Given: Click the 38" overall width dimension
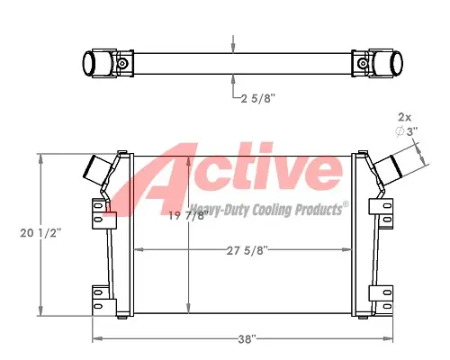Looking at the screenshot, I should coord(246,341).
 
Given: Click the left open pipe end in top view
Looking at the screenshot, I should coord(92,63).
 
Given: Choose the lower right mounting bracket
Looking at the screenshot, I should coord(383,294).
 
